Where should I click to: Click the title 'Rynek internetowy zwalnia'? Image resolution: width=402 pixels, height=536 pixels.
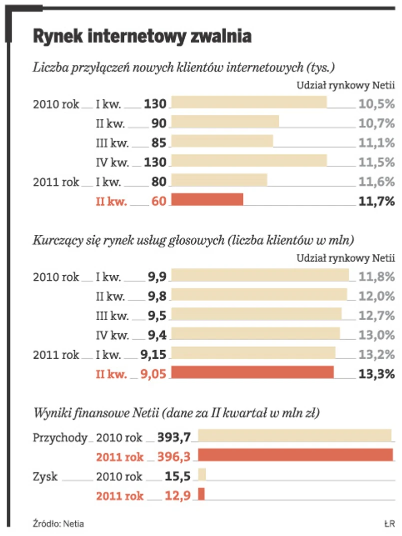click(x=142, y=36)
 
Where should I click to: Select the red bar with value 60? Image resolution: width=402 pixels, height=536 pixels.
click(x=207, y=199)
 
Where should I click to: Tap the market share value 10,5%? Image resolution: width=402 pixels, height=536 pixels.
click(x=376, y=104)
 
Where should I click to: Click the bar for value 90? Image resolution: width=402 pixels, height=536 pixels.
click(x=225, y=122)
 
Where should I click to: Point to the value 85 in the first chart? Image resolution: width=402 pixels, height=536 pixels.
click(x=159, y=143)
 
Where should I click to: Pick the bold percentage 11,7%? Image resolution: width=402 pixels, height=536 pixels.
click(x=376, y=201)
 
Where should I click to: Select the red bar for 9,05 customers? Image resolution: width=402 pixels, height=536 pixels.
click(x=253, y=373)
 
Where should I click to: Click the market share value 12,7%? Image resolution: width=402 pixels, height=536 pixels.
click(x=376, y=315)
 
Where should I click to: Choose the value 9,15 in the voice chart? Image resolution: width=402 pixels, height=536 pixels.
click(x=153, y=355)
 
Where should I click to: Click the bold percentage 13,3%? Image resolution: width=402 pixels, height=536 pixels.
click(x=376, y=374)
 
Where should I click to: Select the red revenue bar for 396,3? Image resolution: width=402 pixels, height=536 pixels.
click(x=296, y=455)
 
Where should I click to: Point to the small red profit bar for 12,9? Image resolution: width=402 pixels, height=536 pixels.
click(x=202, y=494)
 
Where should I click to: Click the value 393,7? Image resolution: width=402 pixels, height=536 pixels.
click(x=174, y=438)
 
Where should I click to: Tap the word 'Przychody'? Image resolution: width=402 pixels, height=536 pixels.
click(x=60, y=438)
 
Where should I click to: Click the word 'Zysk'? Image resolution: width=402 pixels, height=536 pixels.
click(x=45, y=477)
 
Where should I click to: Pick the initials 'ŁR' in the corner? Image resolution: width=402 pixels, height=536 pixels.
click(x=390, y=524)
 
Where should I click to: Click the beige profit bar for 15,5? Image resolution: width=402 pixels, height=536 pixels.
click(x=202, y=474)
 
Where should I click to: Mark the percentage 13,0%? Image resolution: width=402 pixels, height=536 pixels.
click(x=376, y=335)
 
